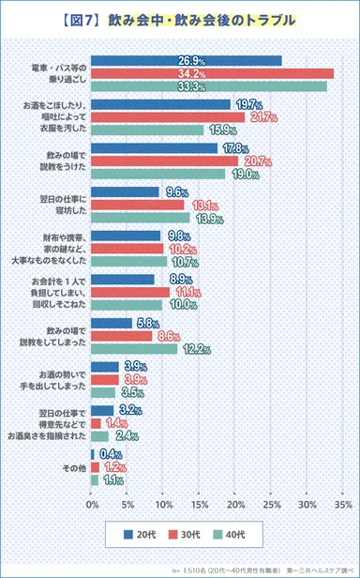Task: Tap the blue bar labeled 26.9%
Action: pyautogui.click(x=187, y=61)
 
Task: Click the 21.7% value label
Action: pyautogui.click(x=262, y=117)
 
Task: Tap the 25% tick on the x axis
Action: pyautogui.click(x=270, y=504)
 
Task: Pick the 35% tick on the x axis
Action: pyautogui.click(x=342, y=504)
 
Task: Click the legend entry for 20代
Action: pyautogui.click(x=139, y=534)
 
